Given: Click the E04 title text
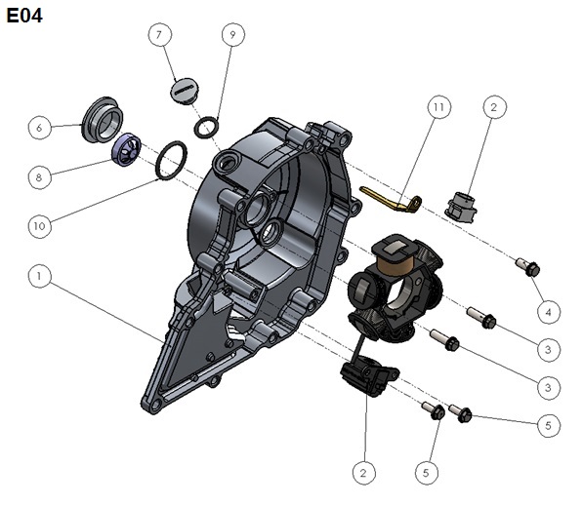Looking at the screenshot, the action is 24,16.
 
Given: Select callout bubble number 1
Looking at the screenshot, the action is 40,276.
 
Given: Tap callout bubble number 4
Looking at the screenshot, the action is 549,312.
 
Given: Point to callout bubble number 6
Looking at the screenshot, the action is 40,128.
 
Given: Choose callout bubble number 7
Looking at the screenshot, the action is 160,34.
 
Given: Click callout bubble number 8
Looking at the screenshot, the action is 40,177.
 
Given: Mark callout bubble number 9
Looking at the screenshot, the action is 233,34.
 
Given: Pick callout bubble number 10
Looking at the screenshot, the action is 40,226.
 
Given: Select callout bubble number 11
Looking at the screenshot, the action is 439,107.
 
